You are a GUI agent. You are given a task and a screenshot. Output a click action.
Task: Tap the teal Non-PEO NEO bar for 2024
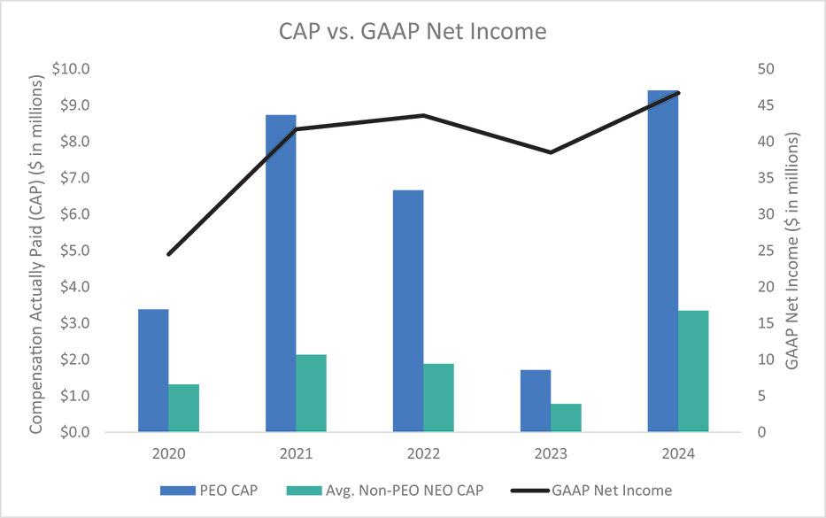pyautogui.click(x=693, y=371)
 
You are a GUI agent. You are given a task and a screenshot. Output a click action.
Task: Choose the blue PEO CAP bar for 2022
pyautogui.click(x=408, y=311)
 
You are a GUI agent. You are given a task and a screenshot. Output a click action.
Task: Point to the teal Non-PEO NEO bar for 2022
pyautogui.click(x=438, y=398)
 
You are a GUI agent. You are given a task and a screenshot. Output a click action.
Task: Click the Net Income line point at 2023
pyautogui.click(x=551, y=152)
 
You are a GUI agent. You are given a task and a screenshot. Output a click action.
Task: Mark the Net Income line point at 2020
pyautogui.click(x=168, y=254)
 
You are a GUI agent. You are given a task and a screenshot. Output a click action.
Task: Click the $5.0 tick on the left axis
pyautogui.click(x=77, y=251)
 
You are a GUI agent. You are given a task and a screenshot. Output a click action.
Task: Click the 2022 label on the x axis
pyautogui.click(x=423, y=452)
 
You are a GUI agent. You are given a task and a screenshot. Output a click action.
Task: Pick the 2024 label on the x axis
pyautogui.click(x=677, y=452)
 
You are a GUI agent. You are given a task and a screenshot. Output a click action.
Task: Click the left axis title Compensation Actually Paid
pyautogui.click(x=37, y=251)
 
